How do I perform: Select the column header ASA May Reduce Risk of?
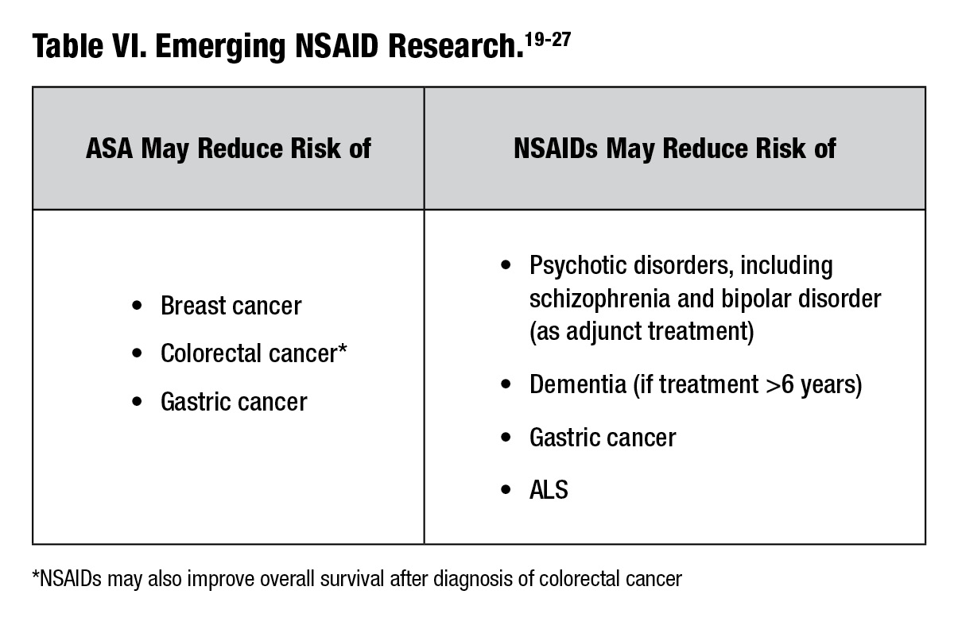(228, 149)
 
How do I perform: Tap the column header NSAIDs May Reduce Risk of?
(674, 149)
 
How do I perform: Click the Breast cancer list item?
(231, 306)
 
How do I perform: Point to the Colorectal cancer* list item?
(254, 353)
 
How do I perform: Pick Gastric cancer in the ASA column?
(233, 402)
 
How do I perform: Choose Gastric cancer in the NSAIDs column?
(602, 438)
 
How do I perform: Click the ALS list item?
(549, 489)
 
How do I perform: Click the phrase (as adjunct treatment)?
(641, 330)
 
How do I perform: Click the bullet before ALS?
(506, 490)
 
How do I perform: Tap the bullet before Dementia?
(506, 386)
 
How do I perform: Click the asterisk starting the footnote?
(36, 576)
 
